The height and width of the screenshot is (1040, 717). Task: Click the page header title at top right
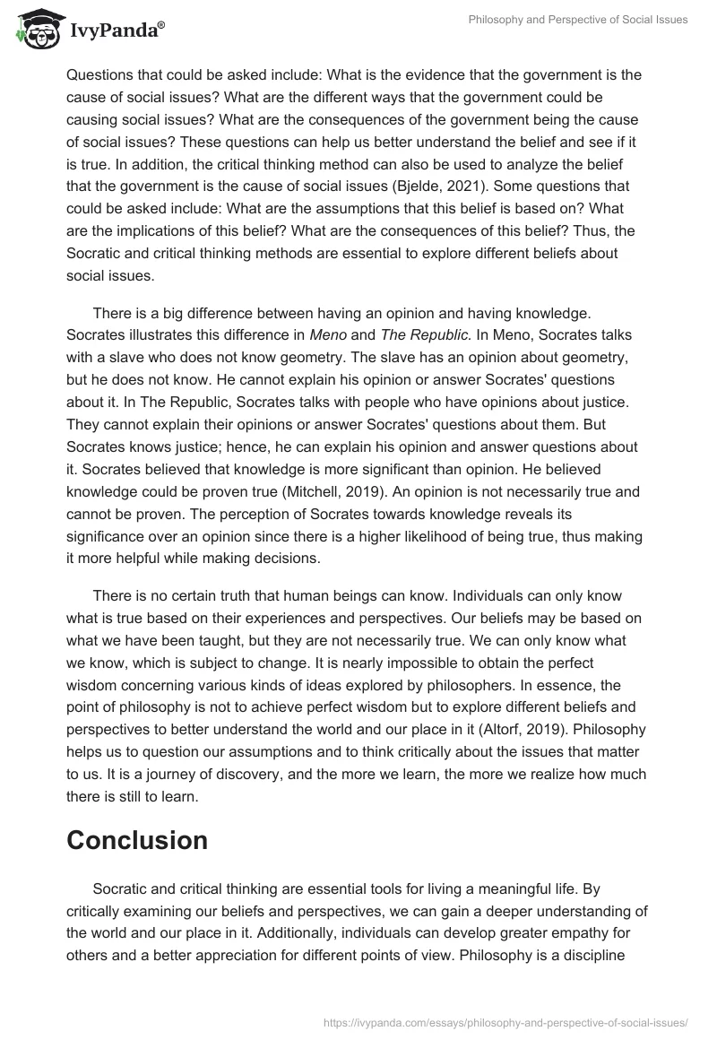click(x=578, y=20)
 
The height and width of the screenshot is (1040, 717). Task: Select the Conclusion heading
click(x=137, y=840)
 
